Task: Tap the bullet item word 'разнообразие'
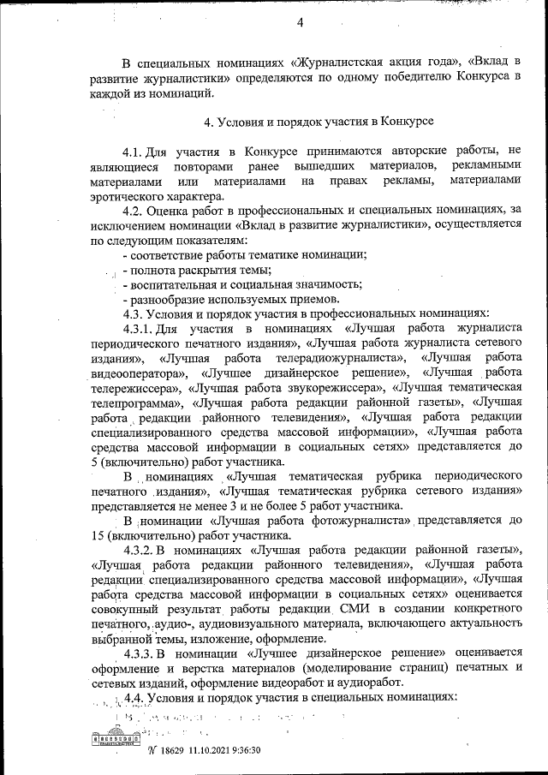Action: pos(169,299)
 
